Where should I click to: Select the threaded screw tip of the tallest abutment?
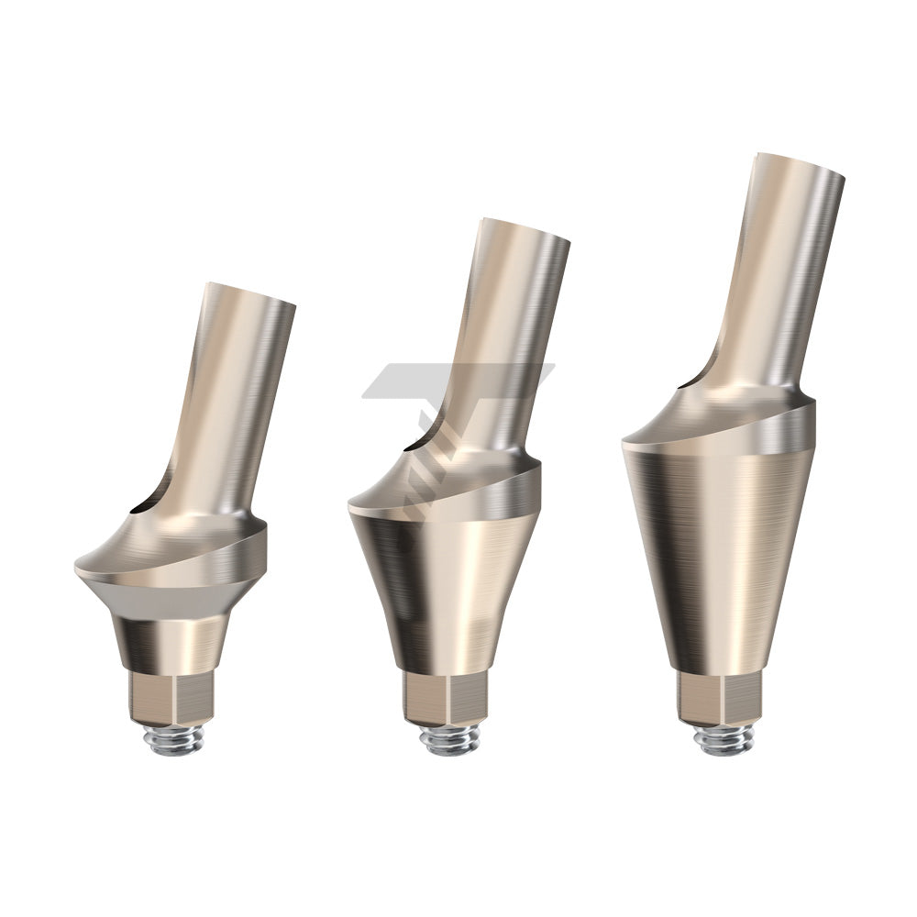[x=723, y=739]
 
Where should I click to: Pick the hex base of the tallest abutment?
[x=723, y=699]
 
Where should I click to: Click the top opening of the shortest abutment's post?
[x=252, y=293]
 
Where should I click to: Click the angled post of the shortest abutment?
[x=227, y=403]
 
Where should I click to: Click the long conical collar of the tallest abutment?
[x=720, y=559]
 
